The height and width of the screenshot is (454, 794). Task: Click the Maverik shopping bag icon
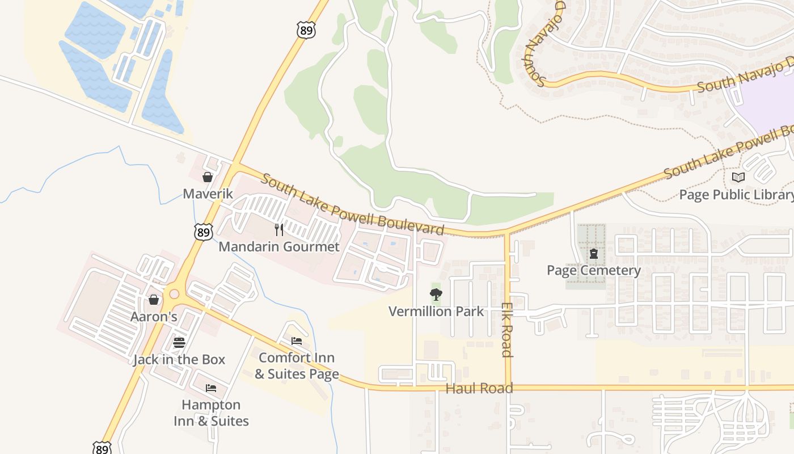(x=208, y=177)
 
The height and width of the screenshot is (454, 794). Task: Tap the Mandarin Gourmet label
(x=279, y=247)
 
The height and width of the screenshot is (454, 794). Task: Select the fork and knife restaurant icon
(x=278, y=229)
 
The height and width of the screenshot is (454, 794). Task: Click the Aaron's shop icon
(x=154, y=300)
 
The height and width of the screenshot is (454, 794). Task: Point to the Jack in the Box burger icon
(x=179, y=342)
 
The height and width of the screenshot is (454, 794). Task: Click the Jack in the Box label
(x=179, y=360)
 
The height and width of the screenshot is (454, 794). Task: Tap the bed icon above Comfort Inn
(x=297, y=341)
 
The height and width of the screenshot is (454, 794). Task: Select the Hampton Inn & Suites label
(x=211, y=413)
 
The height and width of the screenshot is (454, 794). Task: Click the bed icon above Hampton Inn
(x=211, y=388)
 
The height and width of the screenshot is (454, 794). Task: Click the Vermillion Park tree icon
(x=436, y=294)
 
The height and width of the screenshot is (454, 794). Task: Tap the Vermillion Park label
(x=436, y=312)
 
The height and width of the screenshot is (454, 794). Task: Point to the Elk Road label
(x=507, y=329)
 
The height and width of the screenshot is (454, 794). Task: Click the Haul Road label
(x=479, y=389)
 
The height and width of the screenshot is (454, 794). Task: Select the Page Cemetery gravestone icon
(x=593, y=254)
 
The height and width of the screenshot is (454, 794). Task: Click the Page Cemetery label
(x=593, y=271)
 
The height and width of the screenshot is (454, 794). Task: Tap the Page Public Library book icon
(x=738, y=178)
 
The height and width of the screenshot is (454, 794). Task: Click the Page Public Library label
(x=736, y=195)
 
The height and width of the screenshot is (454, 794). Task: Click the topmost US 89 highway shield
(x=306, y=30)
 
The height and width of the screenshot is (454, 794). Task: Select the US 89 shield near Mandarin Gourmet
(x=203, y=232)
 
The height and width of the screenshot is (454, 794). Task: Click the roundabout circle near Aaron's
(x=174, y=294)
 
